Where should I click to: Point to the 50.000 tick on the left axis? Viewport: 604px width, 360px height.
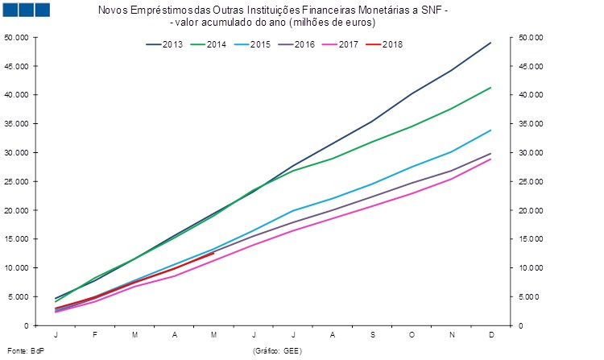click(16, 37)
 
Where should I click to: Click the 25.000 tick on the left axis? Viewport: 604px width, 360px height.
click(16, 181)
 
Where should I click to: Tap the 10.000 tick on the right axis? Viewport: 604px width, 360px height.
click(532, 268)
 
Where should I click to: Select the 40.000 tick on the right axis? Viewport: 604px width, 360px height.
click(532, 95)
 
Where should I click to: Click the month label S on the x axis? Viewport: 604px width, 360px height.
click(373, 334)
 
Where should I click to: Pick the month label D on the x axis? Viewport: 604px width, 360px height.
click(491, 334)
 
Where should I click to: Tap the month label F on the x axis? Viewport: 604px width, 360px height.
click(95, 334)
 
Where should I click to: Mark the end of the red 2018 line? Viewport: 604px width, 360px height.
click(214, 253)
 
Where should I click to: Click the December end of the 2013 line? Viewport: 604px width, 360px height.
click(491, 43)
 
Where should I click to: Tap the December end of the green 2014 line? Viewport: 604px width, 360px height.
click(491, 87)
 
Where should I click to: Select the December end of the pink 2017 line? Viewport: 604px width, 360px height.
click(491, 159)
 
